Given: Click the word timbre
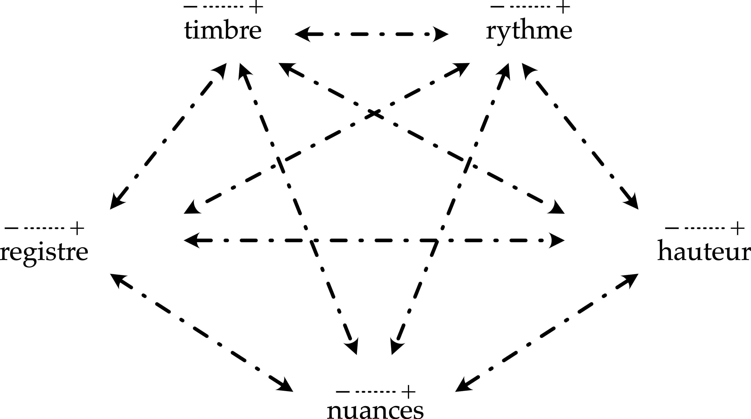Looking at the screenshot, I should (x=223, y=31).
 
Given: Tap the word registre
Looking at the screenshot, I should (x=44, y=252).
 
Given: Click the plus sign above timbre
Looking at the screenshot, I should (x=256, y=7).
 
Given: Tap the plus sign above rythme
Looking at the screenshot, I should (x=563, y=7).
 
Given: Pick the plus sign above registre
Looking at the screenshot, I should (x=77, y=228).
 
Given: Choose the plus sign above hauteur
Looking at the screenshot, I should (x=738, y=228).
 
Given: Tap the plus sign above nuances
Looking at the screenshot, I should (x=409, y=392).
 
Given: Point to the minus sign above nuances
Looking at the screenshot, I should (x=342, y=392).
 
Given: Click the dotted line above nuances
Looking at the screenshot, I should (x=375, y=392).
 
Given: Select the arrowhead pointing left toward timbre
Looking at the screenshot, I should (x=302, y=34).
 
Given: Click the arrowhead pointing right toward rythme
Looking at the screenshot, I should (x=441, y=34).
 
